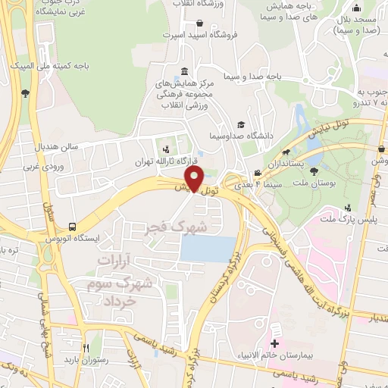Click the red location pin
pos(194,179)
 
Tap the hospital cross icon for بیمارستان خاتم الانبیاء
pos(274,331)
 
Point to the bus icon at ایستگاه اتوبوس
pos(72,227)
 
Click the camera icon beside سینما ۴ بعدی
pos(258,173)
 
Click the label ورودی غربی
pos(40,166)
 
